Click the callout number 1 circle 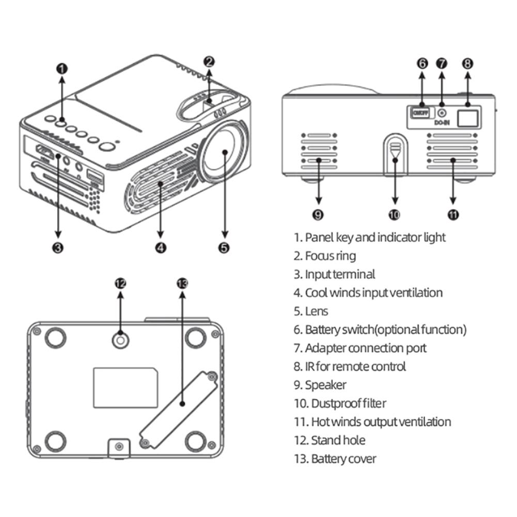[x=61, y=68]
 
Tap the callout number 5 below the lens [x=224, y=247]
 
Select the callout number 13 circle [x=182, y=283]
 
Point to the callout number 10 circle [x=395, y=215]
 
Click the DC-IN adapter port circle [x=442, y=113]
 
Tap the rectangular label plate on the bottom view [x=126, y=387]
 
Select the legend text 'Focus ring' [x=330, y=256]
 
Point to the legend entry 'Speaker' [x=325, y=385]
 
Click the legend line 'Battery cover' [x=343, y=459]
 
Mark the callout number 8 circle [x=467, y=64]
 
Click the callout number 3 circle [x=58, y=247]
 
